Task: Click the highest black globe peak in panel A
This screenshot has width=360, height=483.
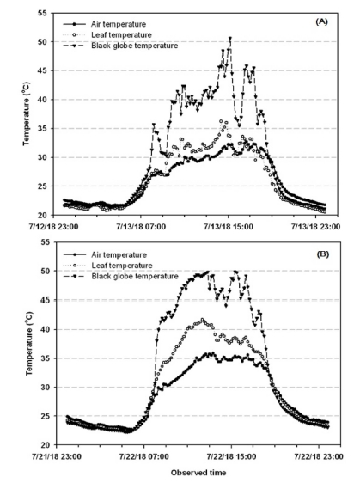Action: [x=230, y=38]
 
